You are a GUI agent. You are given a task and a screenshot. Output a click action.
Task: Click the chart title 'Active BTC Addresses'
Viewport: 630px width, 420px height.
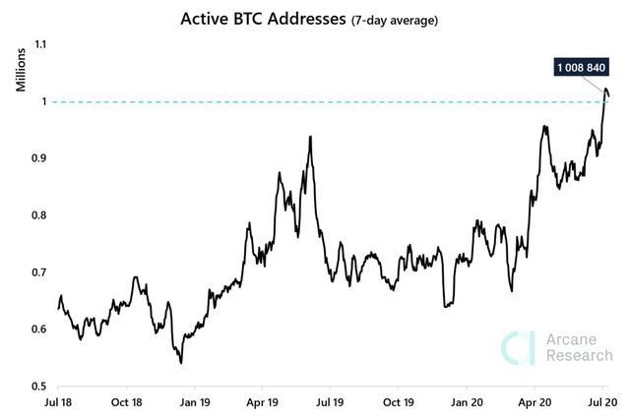click(x=265, y=19)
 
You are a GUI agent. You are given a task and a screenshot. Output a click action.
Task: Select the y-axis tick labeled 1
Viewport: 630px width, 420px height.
click(x=43, y=101)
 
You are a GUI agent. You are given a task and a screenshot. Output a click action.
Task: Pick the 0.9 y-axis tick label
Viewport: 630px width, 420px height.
click(x=39, y=158)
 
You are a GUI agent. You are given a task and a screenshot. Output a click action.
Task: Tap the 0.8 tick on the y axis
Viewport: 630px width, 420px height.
click(x=39, y=215)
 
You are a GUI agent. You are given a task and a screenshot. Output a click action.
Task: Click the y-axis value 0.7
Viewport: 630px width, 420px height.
click(x=39, y=272)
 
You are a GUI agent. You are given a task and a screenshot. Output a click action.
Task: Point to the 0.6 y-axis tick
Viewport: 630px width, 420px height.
click(x=39, y=329)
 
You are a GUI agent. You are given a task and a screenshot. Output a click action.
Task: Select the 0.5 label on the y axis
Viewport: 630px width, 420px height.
click(x=39, y=386)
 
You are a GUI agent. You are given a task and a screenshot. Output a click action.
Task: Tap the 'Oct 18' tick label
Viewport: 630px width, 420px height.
click(x=127, y=402)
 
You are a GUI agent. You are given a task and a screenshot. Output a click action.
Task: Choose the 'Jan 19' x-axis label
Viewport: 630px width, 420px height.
click(x=196, y=402)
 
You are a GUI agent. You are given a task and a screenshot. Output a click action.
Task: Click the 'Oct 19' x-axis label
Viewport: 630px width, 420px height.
click(x=399, y=402)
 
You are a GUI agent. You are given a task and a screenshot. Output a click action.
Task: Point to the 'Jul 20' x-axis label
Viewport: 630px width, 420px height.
click(x=601, y=402)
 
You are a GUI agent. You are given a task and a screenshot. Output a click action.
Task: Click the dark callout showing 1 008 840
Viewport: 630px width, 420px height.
click(x=580, y=68)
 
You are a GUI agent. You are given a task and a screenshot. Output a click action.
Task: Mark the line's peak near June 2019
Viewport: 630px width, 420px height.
click(x=310, y=137)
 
